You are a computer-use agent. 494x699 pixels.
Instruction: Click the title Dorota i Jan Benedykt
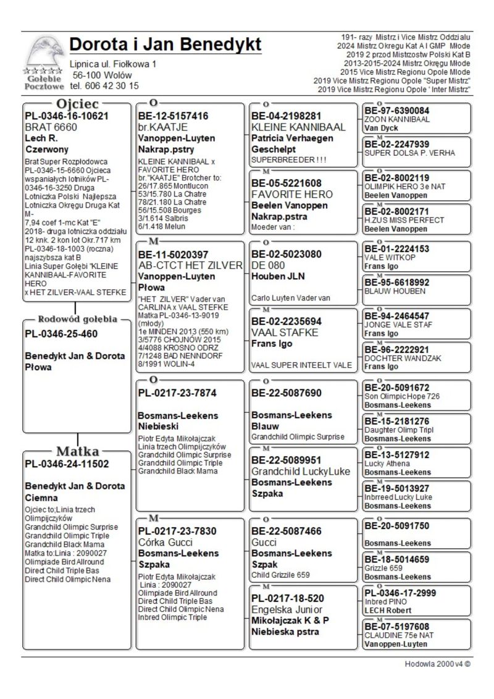(x=165, y=45)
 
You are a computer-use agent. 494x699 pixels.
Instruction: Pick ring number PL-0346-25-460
(x=61, y=334)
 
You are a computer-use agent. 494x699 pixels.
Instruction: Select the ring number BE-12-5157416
(x=174, y=116)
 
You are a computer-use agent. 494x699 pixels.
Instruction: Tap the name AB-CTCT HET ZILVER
(x=191, y=265)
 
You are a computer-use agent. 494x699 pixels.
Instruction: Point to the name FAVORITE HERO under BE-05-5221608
(x=292, y=194)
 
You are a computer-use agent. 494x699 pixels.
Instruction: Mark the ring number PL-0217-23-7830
(x=177, y=531)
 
